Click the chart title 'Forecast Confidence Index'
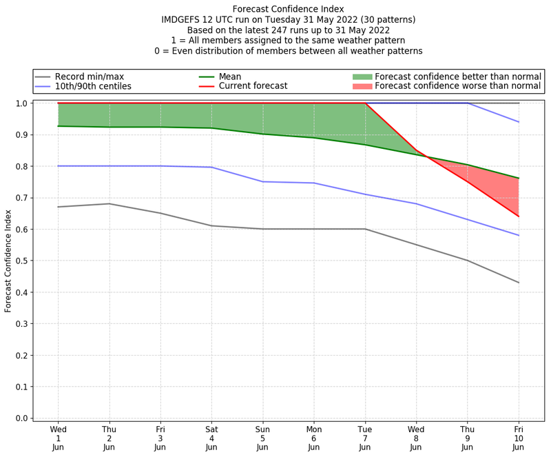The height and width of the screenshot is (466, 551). click(288, 9)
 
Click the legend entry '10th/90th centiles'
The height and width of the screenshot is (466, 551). click(93, 86)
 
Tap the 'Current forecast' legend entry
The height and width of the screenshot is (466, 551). click(253, 86)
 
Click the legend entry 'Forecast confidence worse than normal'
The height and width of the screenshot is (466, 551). click(457, 86)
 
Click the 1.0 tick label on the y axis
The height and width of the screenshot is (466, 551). click(21, 103)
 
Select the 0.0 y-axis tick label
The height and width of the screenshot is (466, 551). click(21, 418)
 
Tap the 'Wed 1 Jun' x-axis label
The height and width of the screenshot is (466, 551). click(58, 438)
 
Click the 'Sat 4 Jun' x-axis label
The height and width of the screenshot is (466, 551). click(211, 438)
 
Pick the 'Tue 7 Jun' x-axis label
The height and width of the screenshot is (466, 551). click(365, 438)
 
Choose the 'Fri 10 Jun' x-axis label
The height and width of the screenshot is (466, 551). click(519, 438)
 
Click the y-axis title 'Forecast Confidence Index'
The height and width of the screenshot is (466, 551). click(8, 261)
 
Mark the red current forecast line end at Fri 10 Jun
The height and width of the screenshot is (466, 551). click(519, 216)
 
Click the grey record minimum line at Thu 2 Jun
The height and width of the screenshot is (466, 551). click(109, 203)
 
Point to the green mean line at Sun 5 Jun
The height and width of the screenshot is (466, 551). click(262, 134)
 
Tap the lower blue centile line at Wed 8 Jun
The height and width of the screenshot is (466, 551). click(416, 203)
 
